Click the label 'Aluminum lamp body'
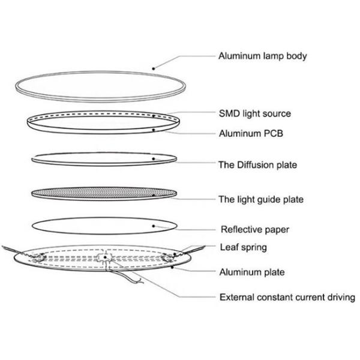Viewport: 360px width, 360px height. [263, 56]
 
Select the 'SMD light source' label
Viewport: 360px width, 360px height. [255, 113]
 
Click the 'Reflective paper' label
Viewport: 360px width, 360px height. [255, 229]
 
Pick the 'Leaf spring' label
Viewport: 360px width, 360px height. [243, 247]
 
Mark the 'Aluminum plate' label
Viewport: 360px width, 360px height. [251, 272]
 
